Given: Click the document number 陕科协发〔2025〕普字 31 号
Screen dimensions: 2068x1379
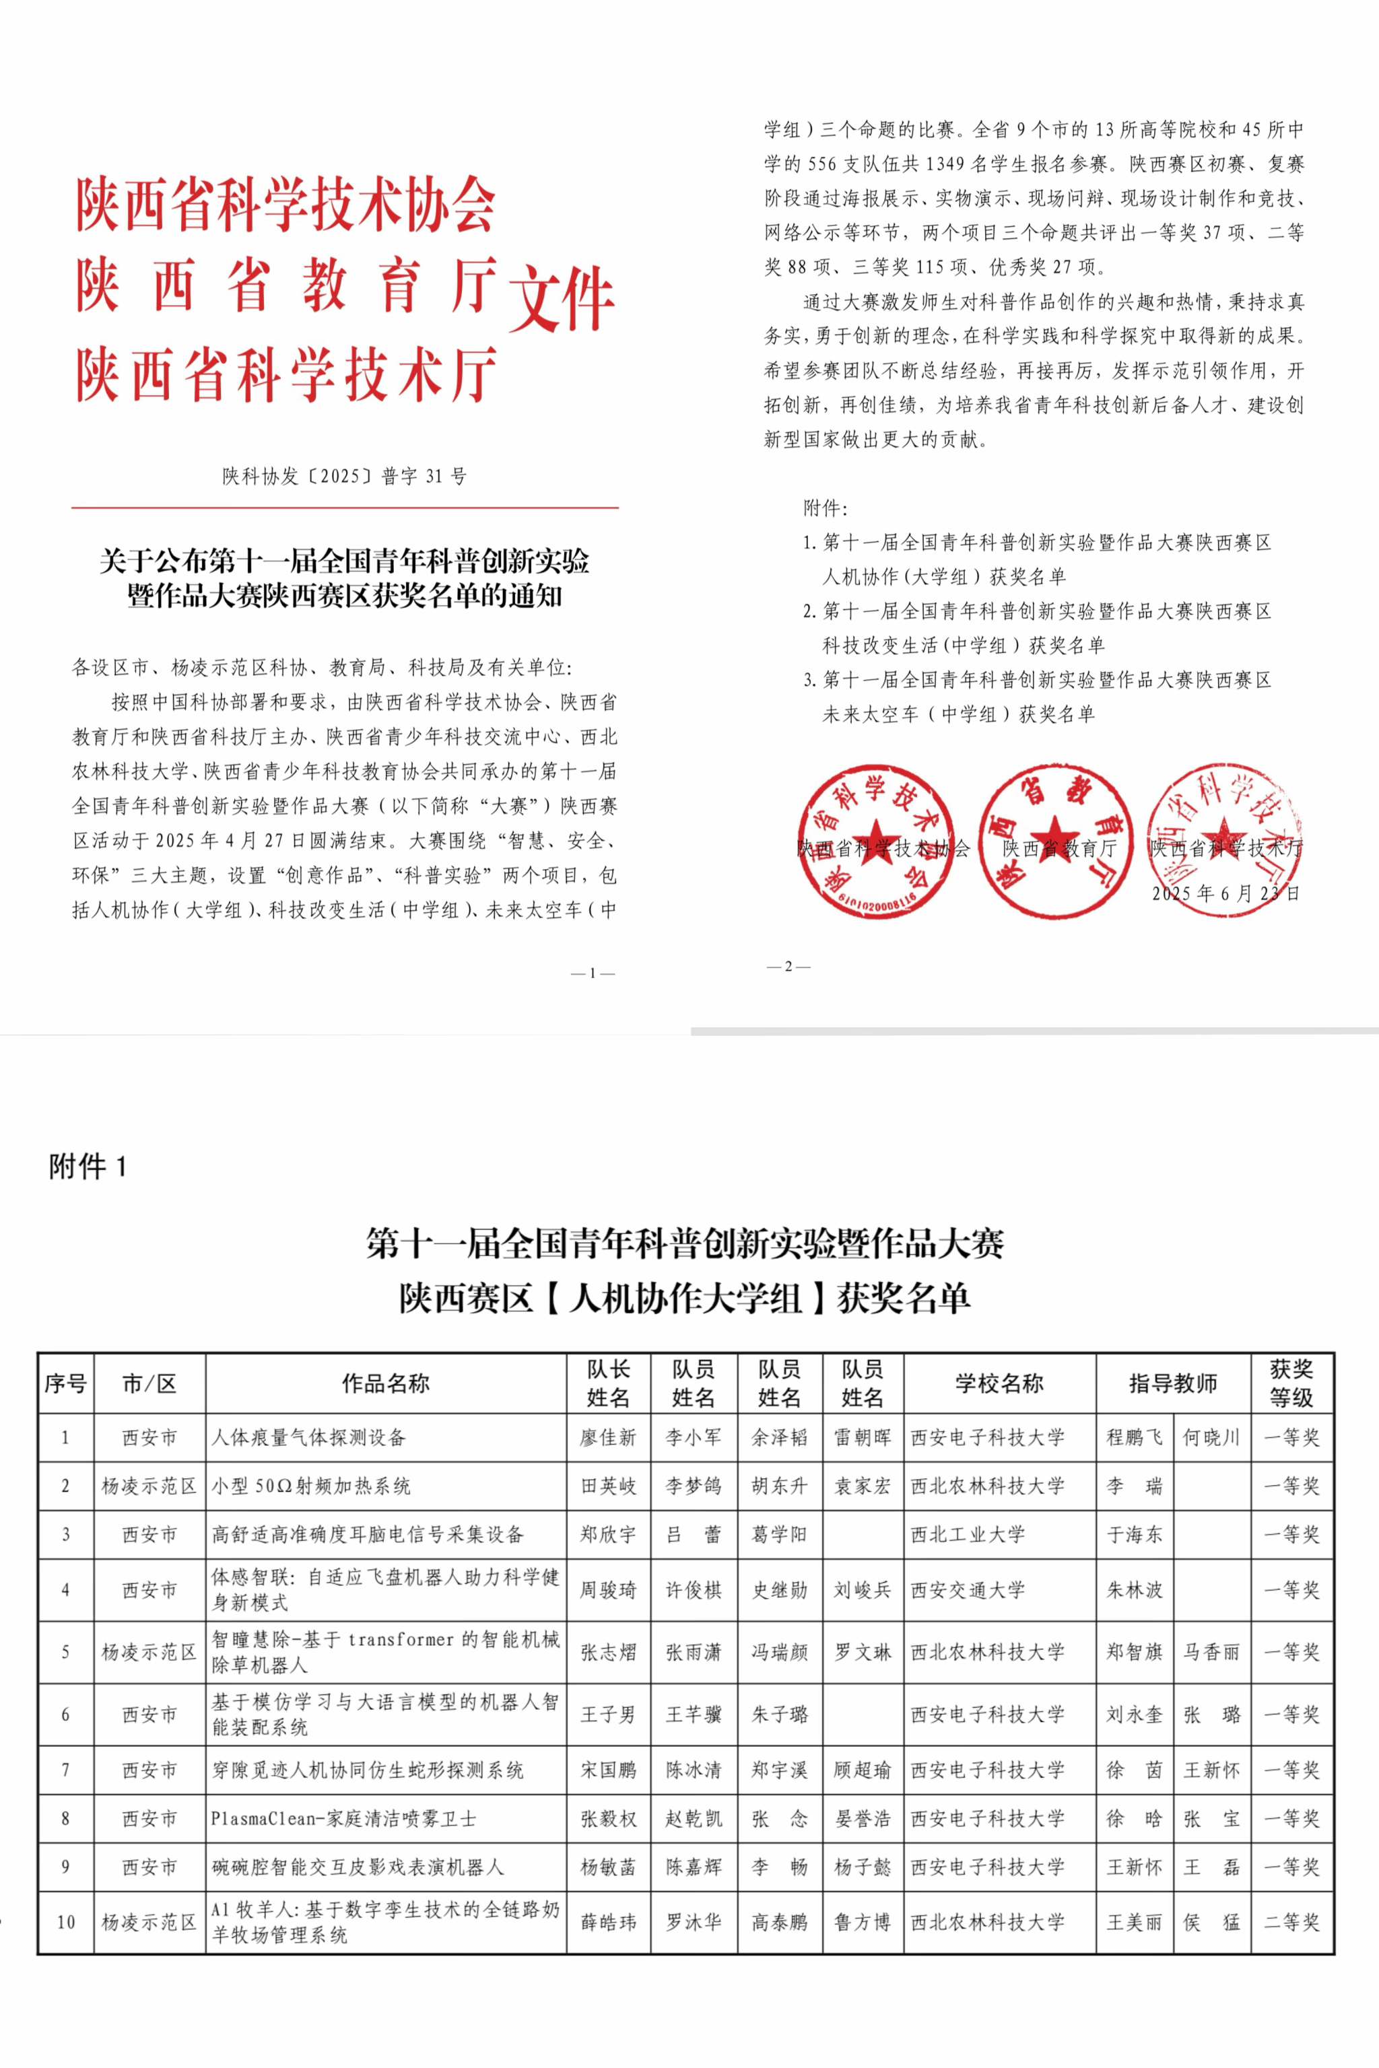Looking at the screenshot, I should pos(344,477).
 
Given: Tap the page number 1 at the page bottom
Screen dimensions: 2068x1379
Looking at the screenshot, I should pos(593,973).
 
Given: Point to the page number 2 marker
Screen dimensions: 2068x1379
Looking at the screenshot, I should pos(788,966).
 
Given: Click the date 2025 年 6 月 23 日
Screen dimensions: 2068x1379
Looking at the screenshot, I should pos(1225,893).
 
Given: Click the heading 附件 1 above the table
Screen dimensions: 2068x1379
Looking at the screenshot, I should pos(88,1167).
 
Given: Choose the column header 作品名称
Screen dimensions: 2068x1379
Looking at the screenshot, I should pos(385,1383).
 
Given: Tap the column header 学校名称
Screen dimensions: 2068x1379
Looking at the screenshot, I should pos(999,1383).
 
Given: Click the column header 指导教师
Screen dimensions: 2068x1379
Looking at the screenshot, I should pos(1172,1383).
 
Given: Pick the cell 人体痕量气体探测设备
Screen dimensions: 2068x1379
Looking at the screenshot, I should pos(308,1438).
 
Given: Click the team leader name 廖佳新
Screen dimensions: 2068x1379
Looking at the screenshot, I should pos(608,1438).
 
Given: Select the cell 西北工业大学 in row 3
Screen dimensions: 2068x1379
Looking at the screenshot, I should pos(968,1534).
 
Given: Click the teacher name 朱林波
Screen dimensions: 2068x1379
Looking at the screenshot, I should pos(1134,1589).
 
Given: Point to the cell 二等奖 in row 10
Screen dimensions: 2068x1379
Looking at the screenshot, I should pos(1291,1923).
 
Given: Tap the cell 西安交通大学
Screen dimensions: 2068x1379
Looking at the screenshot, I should pos(968,1589).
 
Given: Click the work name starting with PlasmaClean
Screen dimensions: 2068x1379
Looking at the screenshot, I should pos(343,1818).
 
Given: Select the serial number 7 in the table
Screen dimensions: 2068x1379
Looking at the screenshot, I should pos(65,1770).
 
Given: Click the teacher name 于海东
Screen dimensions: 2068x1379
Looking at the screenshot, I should pos(1134,1534).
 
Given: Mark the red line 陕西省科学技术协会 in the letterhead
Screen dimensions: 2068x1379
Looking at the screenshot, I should pos(285,204).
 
